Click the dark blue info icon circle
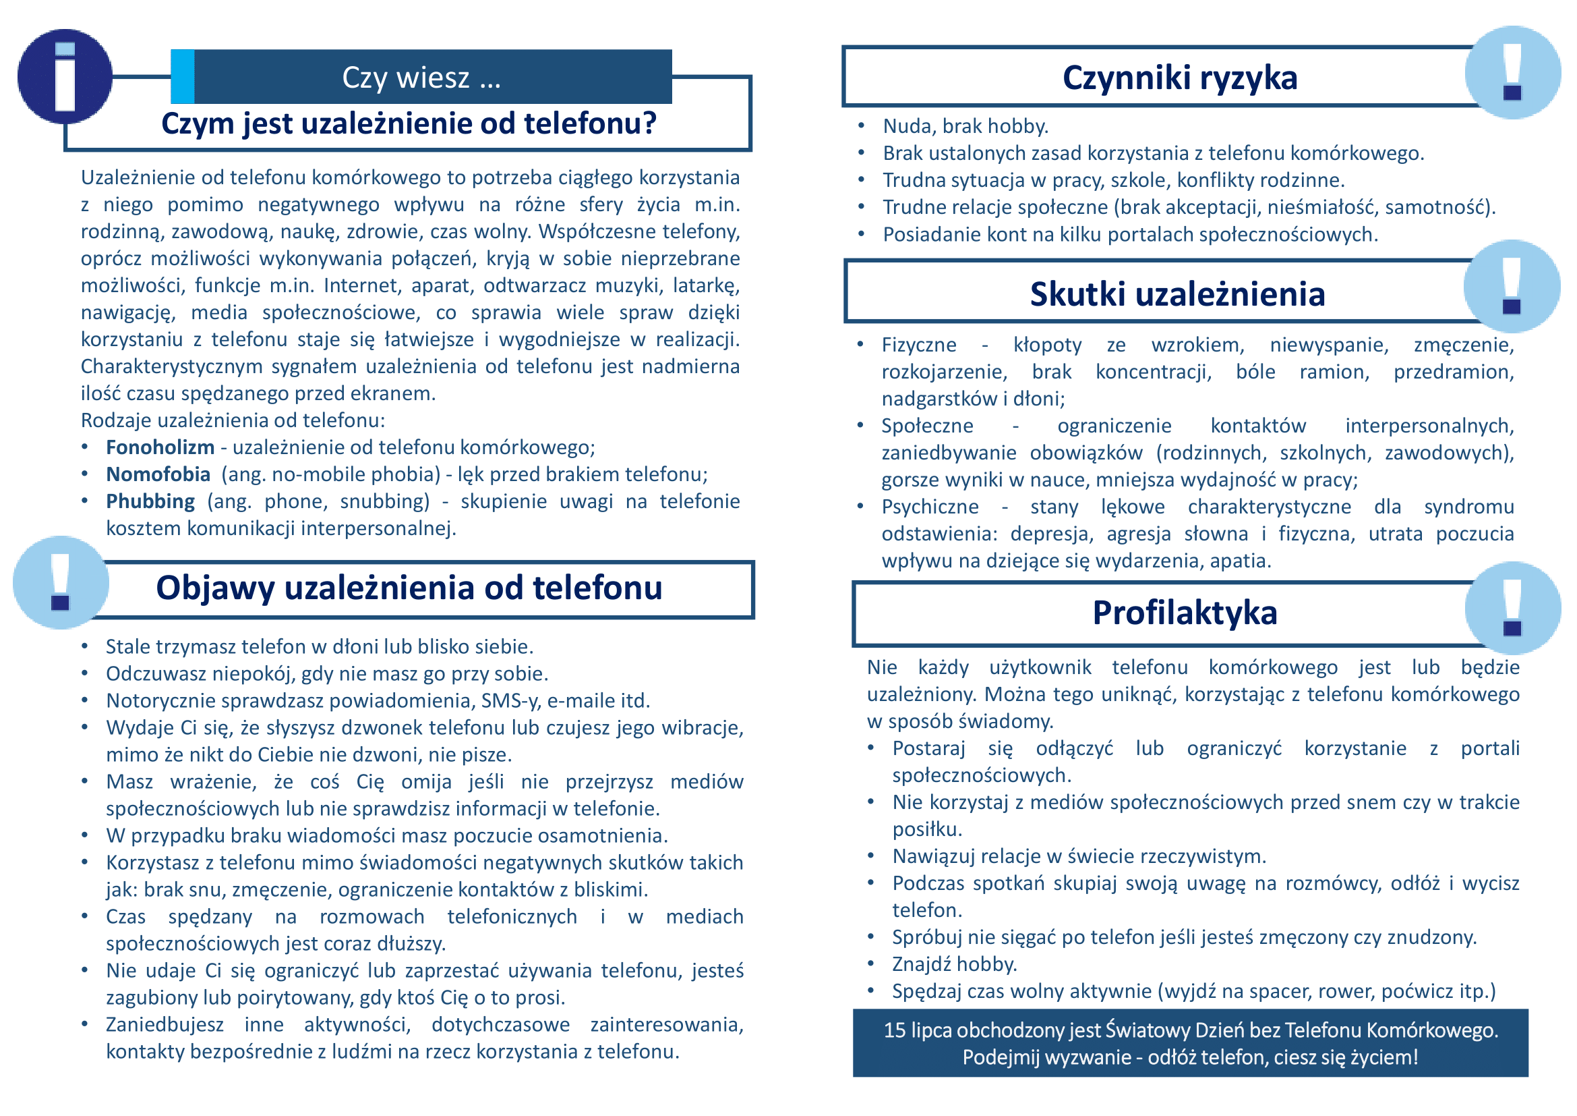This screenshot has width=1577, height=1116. point(65,76)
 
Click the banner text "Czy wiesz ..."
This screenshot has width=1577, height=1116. point(421,78)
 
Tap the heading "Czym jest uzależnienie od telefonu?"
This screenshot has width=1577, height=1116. point(409,123)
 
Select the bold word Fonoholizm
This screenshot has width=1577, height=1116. point(159,447)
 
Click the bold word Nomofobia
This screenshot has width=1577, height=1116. point(157,474)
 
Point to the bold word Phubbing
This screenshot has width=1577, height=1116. point(150,501)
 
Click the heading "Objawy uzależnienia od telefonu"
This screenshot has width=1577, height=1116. point(409,588)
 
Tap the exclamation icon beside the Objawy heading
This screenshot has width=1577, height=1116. point(61,582)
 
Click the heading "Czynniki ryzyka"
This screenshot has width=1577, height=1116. point(1179,78)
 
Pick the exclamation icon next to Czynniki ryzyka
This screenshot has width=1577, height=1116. point(1512,72)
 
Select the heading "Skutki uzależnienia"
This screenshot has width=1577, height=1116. point(1177,294)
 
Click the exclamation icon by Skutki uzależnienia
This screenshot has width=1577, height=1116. point(1512,286)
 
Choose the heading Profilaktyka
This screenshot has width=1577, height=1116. point(1184,613)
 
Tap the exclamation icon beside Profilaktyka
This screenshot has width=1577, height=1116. point(1512,607)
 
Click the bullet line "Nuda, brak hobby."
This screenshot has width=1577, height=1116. point(965,126)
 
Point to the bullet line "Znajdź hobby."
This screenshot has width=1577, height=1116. point(954,964)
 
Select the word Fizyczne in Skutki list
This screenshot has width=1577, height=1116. point(918,345)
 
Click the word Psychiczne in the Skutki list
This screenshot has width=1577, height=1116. point(929,507)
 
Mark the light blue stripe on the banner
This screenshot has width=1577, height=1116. point(182,76)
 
